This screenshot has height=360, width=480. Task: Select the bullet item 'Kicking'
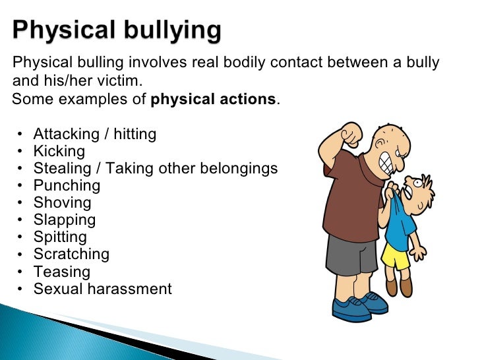tap(59, 151)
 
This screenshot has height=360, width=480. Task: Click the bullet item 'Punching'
tap(67, 185)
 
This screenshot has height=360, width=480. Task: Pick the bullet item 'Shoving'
tap(62, 202)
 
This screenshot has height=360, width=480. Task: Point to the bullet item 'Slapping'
tap(64, 220)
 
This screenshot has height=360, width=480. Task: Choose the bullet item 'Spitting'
tap(59, 237)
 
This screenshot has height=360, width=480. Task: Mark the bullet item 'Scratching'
tap(71, 254)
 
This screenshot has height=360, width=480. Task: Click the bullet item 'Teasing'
tap(61, 271)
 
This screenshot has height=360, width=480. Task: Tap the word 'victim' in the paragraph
tap(121, 82)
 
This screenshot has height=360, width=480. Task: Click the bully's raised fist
tap(349, 135)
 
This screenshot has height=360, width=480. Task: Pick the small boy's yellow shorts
tap(396, 255)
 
